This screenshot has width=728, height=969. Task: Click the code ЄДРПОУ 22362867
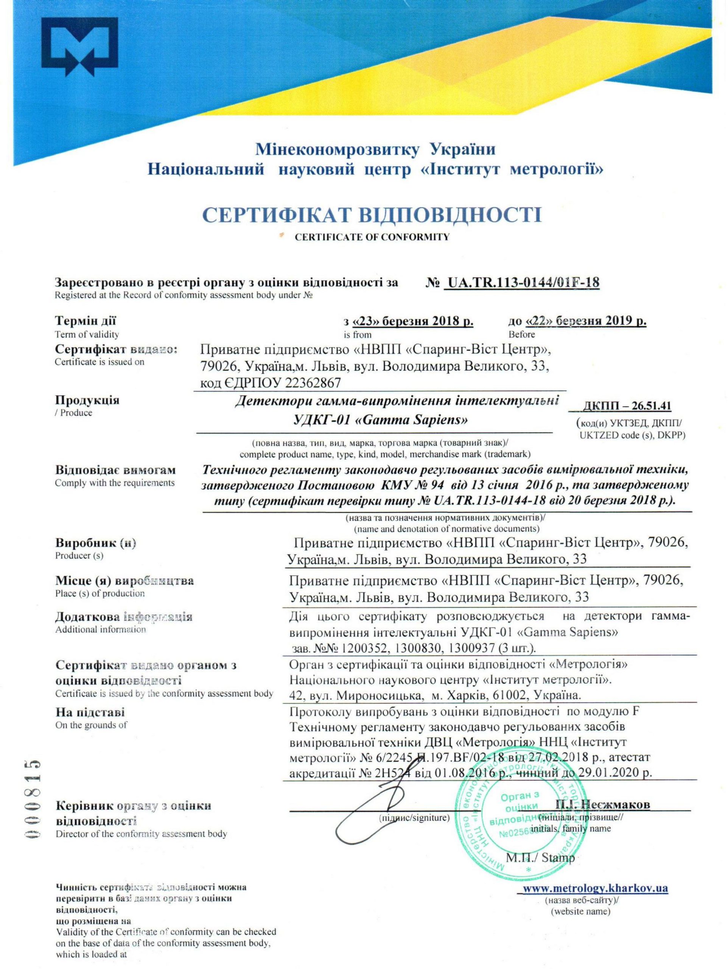(270, 383)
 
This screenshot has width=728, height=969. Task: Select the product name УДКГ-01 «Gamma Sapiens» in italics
(380, 420)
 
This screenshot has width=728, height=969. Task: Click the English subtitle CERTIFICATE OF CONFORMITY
(372, 237)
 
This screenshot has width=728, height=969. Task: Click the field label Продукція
(87, 400)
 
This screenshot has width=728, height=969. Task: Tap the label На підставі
(90, 712)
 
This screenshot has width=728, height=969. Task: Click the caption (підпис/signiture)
(414, 818)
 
